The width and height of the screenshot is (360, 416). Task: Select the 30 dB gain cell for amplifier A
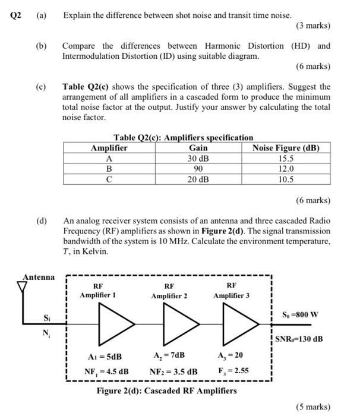coord(198,159)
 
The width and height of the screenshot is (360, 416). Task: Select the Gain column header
coord(198,149)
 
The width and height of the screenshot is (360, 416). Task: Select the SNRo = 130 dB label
coord(301,339)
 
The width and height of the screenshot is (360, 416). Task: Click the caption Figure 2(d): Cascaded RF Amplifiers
coord(167,390)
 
